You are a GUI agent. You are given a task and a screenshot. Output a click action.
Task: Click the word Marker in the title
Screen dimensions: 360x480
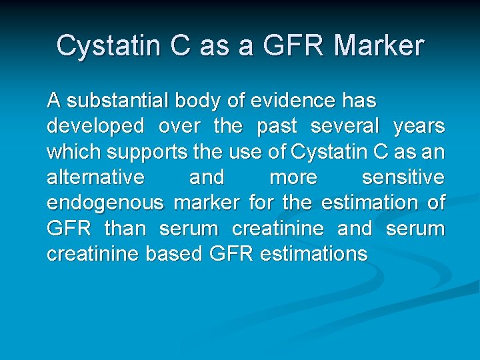point(379,46)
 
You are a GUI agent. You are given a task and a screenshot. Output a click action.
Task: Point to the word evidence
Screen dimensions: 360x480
point(291,101)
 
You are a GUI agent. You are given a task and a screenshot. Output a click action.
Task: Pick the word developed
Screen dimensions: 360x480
point(95,126)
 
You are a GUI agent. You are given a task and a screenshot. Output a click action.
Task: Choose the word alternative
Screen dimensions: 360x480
point(95,177)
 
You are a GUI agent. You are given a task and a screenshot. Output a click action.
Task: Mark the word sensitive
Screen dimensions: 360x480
point(403,177)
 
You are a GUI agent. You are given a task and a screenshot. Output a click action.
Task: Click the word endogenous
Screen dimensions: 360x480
point(105,203)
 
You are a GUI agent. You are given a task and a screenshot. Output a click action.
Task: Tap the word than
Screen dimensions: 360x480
point(125,229)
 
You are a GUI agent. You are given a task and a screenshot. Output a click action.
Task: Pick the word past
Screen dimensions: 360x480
point(277,126)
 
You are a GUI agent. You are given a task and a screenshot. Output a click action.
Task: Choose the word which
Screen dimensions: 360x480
point(73,151)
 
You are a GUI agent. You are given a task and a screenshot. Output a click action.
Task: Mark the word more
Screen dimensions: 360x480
point(293,177)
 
